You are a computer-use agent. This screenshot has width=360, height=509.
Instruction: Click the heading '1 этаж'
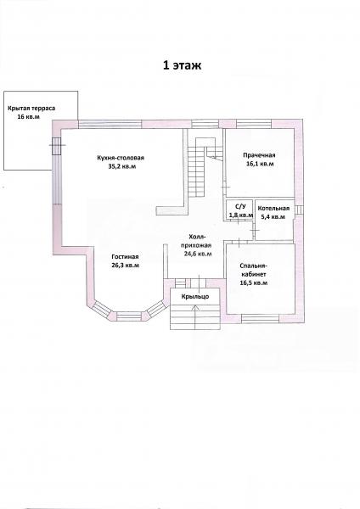182,65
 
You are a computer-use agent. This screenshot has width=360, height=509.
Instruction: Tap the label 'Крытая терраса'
31,109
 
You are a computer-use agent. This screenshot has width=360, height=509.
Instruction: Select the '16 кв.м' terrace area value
29,117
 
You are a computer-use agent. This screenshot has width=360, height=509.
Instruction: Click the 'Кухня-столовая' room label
121,158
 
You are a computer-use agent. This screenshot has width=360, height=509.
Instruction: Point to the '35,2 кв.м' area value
122,166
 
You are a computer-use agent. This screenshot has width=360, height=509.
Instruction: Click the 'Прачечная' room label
259,155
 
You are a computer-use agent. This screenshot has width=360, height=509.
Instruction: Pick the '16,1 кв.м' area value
260,164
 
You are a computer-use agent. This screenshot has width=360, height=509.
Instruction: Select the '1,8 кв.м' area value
241,215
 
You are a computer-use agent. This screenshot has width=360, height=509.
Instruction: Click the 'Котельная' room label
273,209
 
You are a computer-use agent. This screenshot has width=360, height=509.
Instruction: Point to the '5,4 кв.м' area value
273,217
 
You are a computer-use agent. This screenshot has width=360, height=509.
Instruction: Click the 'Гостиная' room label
125,257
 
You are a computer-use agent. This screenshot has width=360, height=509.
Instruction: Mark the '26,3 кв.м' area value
126,266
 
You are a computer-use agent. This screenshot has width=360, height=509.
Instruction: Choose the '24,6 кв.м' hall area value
198,254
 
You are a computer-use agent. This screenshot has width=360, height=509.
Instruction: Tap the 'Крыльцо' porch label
195,297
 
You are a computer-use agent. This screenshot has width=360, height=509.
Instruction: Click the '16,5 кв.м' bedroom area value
254,282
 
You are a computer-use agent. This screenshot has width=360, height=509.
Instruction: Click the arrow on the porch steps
195,317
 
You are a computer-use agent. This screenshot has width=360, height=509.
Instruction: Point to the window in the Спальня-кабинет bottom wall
261,318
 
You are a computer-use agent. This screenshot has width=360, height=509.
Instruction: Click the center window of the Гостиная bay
130,316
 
